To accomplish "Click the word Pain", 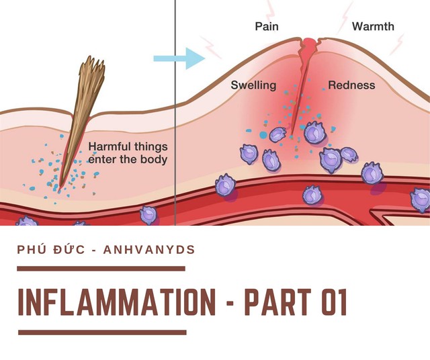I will tap(266, 27).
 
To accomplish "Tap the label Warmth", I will tap(373, 27).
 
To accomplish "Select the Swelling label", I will tap(253, 85).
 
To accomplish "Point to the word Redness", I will tap(351, 85).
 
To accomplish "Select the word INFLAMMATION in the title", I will tap(115, 302).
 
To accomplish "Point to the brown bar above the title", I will tap(101, 268).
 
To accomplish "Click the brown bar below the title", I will tap(101, 332).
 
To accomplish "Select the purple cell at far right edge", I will tap(421, 199).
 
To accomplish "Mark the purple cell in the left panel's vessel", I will tap(148, 216).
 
